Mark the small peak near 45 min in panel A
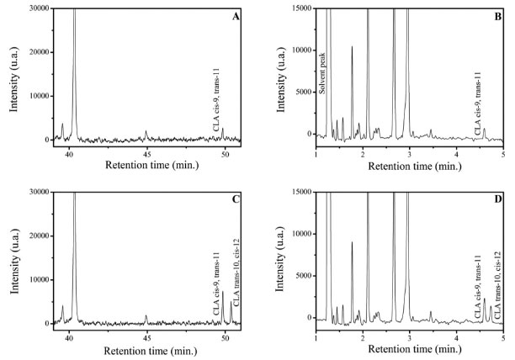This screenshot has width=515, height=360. point(146,132)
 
